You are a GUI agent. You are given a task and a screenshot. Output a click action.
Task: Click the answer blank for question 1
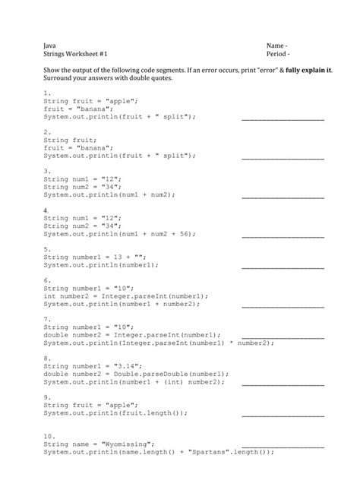pyautogui.click(x=283, y=119)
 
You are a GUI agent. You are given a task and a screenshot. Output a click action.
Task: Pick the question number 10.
pyautogui.click(x=49, y=437)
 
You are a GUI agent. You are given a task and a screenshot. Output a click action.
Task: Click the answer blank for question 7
pyautogui.click(x=283, y=334)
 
